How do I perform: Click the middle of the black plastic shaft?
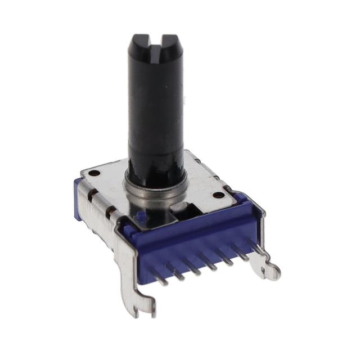coord(156,112)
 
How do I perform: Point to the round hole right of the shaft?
coord(218,195)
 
